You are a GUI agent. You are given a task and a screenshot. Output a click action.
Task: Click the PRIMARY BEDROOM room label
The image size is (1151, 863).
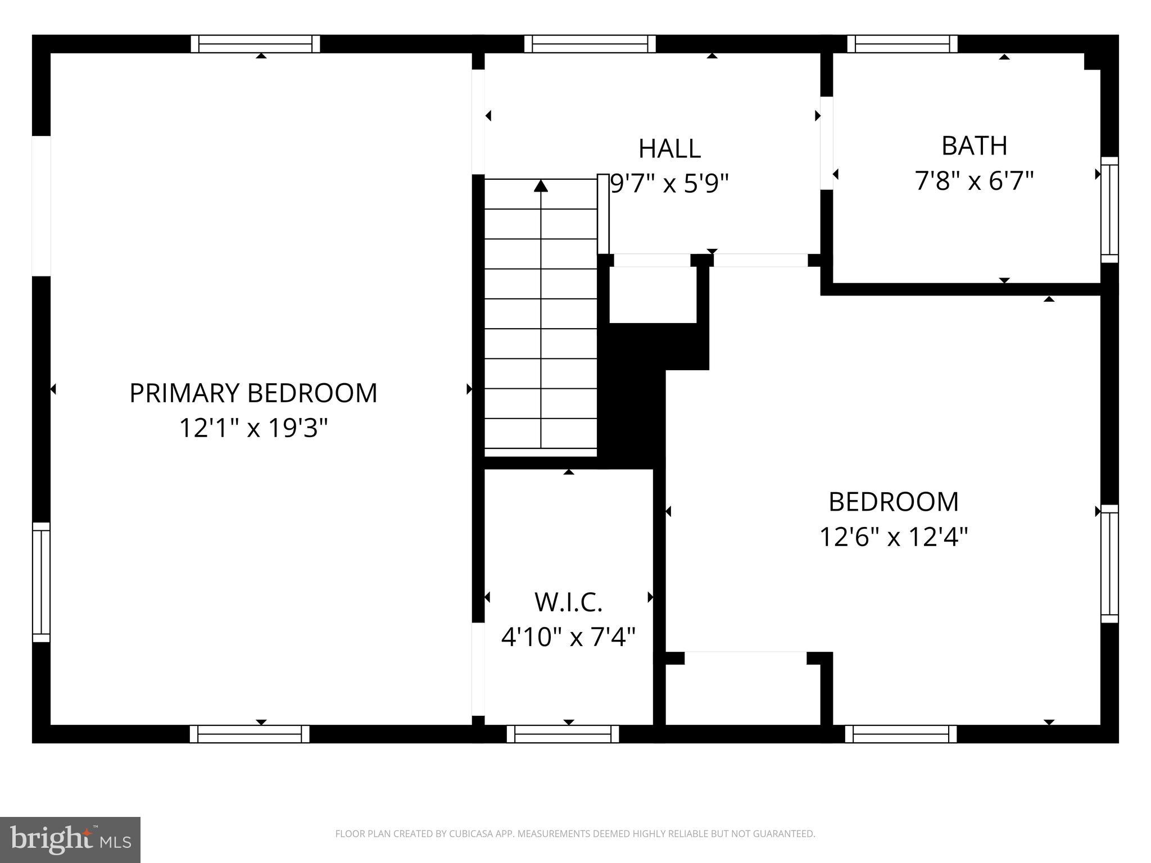coord(253,393)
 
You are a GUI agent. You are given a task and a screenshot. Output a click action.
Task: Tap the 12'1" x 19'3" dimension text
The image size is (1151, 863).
coord(253,428)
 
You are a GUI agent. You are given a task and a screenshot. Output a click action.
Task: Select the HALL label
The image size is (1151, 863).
coord(669,149)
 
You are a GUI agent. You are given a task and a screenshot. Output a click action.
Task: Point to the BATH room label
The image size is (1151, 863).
coord(974,146)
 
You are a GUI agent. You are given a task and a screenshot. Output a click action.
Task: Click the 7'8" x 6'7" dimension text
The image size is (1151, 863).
coord(974,181)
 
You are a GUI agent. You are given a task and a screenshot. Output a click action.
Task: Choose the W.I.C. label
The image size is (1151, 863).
coord(568,602)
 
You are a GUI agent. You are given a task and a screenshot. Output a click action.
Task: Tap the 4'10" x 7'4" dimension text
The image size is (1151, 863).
coord(568,638)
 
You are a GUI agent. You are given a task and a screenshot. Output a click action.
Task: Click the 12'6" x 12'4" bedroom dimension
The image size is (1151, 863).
coord(894,537)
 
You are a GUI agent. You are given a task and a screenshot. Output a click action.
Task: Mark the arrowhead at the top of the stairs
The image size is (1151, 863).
coord(541,186)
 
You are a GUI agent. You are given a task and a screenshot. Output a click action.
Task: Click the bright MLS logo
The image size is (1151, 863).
coord(70,840)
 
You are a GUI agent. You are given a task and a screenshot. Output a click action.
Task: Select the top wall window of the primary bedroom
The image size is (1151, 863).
coord(255,44)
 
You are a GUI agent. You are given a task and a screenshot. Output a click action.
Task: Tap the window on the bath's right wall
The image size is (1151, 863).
coord(1109,210)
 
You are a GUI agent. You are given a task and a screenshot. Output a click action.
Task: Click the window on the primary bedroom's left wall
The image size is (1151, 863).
coord(41,582)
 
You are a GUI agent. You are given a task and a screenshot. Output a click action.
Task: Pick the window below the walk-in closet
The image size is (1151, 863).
coord(563,734)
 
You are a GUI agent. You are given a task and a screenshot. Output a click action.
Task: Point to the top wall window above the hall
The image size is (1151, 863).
coord(590,44)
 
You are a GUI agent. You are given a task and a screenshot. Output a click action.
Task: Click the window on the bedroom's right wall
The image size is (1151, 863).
coord(1109,564)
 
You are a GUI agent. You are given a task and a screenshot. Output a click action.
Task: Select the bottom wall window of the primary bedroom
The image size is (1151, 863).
coord(250,734)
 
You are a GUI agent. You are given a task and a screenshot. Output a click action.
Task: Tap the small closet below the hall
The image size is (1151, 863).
coord(653,294)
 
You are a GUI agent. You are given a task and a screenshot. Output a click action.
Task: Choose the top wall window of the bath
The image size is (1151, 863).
coord(902,44)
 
